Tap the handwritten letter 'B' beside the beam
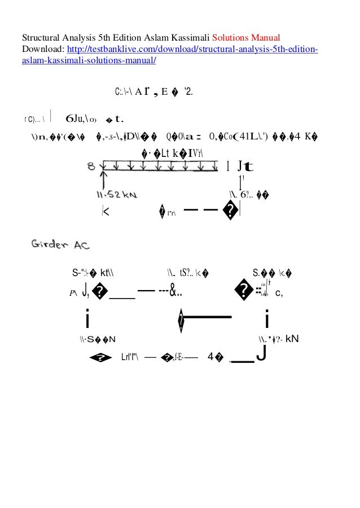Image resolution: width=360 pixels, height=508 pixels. click(x=91, y=167)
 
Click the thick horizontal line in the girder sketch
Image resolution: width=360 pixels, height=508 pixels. click(x=209, y=318)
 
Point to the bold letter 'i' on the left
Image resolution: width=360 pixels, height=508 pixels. click(x=87, y=320)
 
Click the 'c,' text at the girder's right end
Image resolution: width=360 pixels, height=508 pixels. click(x=279, y=292)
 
